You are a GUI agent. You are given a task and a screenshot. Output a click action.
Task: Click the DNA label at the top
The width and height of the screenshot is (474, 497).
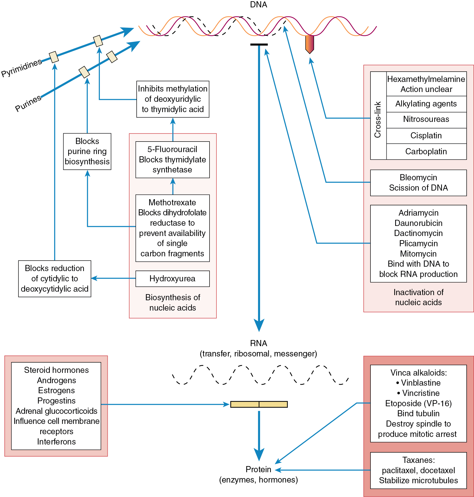(x=258, y=5)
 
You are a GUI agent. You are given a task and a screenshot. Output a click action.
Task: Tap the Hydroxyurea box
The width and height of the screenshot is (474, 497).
(x=172, y=278)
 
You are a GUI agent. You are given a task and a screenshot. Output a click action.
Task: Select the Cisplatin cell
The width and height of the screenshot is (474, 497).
(x=426, y=136)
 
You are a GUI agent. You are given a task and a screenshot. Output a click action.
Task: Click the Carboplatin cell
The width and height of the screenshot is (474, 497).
(x=426, y=151)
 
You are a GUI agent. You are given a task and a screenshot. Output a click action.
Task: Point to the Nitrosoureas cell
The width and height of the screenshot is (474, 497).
(x=426, y=119)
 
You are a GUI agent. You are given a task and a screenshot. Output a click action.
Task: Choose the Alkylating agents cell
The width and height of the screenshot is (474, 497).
(x=426, y=104)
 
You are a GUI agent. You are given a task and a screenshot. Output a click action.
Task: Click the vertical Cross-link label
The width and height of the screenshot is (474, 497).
(x=378, y=119)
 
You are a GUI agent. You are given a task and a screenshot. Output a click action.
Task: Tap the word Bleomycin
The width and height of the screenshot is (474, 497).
(x=418, y=177)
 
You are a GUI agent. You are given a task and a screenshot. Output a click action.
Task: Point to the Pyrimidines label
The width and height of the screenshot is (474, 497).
(x=22, y=67)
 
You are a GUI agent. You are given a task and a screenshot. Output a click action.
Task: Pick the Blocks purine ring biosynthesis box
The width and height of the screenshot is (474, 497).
(x=87, y=151)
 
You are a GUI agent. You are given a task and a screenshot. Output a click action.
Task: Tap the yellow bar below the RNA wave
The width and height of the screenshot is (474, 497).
(x=259, y=404)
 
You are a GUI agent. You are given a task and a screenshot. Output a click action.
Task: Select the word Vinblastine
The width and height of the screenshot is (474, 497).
(x=421, y=383)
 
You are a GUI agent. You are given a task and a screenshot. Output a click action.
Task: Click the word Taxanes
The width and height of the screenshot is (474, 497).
(x=418, y=460)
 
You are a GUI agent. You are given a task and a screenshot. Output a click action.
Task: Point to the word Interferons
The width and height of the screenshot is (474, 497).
(x=56, y=441)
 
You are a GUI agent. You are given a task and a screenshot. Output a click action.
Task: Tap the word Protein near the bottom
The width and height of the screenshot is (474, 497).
(x=258, y=469)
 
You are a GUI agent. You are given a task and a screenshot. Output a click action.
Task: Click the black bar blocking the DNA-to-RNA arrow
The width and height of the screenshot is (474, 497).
(x=259, y=45)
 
